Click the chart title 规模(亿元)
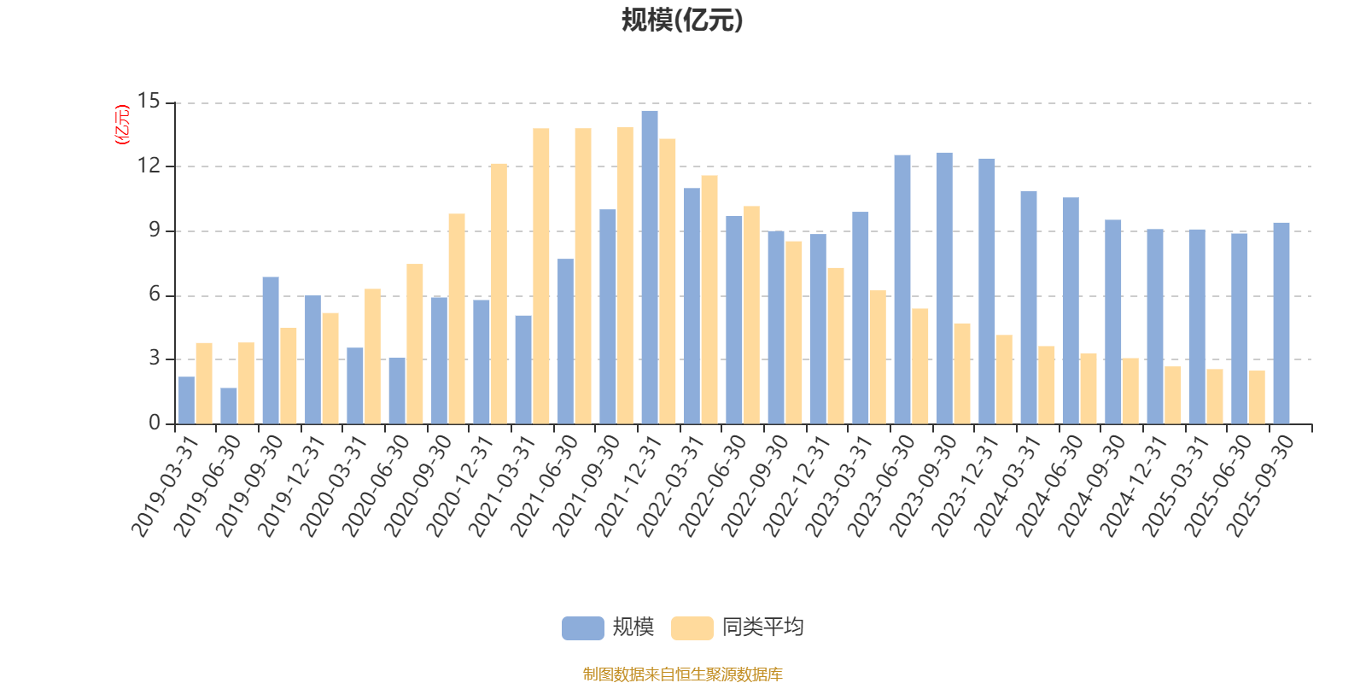[x=681, y=20]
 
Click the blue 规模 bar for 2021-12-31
[x=650, y=267]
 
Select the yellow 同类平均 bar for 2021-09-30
[x=626, y=275]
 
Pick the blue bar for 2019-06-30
[x=229, y=406]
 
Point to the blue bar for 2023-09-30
[x=944, y=288]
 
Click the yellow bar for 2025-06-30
[x=1257, y=397]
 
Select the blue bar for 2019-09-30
[x=271, y=350]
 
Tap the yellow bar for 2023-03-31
[x=878, y=357]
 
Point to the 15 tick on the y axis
[x=149, y=102]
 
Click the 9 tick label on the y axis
[x=155, y=231]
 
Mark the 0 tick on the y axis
[x=155, y=423]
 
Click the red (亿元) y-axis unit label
[x=122, y=125]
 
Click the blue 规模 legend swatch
[x=582, y=628]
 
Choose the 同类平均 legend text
[x=762, y=628]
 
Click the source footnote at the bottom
[x=682, y=674]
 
